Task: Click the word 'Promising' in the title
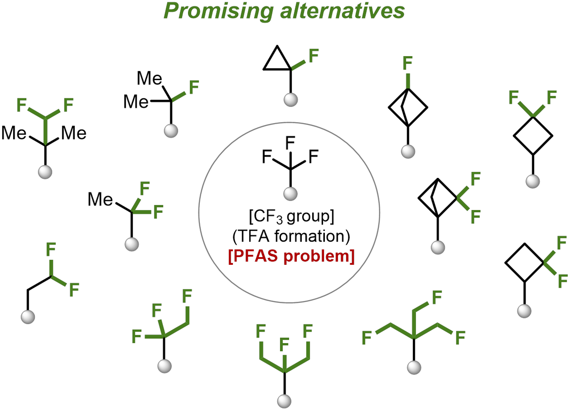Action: point(218,12)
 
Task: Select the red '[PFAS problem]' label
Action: point(291,257)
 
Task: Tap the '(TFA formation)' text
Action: point(291,237)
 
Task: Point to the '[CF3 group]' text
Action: point(291,217)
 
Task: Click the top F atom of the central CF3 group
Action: point(290,143)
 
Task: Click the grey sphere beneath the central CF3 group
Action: point(290,194)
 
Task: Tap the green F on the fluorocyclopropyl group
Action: point(314,56)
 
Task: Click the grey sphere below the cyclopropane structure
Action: point(290,100)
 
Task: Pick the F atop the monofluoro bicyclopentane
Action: point(408,63)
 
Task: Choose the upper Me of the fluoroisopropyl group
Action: point(149,78)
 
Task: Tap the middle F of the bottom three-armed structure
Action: point(284,344)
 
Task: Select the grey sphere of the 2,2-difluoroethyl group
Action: point(28,317)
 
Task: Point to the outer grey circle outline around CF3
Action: point(199,213)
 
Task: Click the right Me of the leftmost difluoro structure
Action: point(74,133)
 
